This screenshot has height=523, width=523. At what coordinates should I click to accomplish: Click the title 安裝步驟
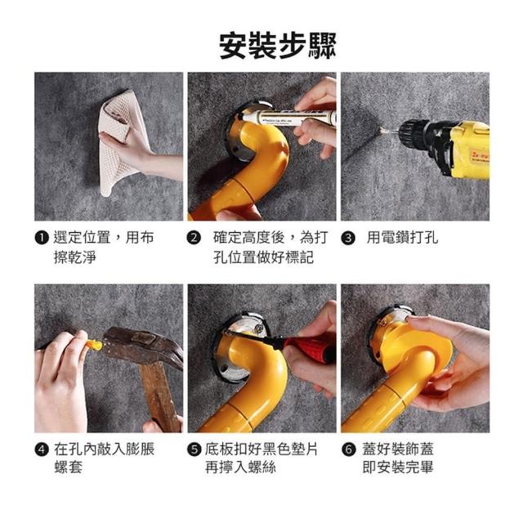(278, 46)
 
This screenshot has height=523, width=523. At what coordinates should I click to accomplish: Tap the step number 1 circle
(42, 238)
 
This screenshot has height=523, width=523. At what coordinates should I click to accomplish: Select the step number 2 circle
(194, 238)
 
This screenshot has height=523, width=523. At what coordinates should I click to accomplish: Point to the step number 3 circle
(348, 238)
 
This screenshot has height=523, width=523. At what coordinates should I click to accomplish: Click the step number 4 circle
(42, 449)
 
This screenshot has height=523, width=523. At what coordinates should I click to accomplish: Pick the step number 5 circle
(194, 449)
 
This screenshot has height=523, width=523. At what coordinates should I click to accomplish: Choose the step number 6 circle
(349, 449)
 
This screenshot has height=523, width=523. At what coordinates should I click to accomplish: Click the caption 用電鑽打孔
(402, 238)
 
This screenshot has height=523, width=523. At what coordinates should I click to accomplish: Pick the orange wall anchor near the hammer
(95, 345)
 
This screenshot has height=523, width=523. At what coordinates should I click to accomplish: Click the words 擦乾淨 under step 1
(75, 257)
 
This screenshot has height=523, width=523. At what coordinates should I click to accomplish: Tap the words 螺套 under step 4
(68, 467)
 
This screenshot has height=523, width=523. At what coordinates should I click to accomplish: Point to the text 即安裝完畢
(398, 467)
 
